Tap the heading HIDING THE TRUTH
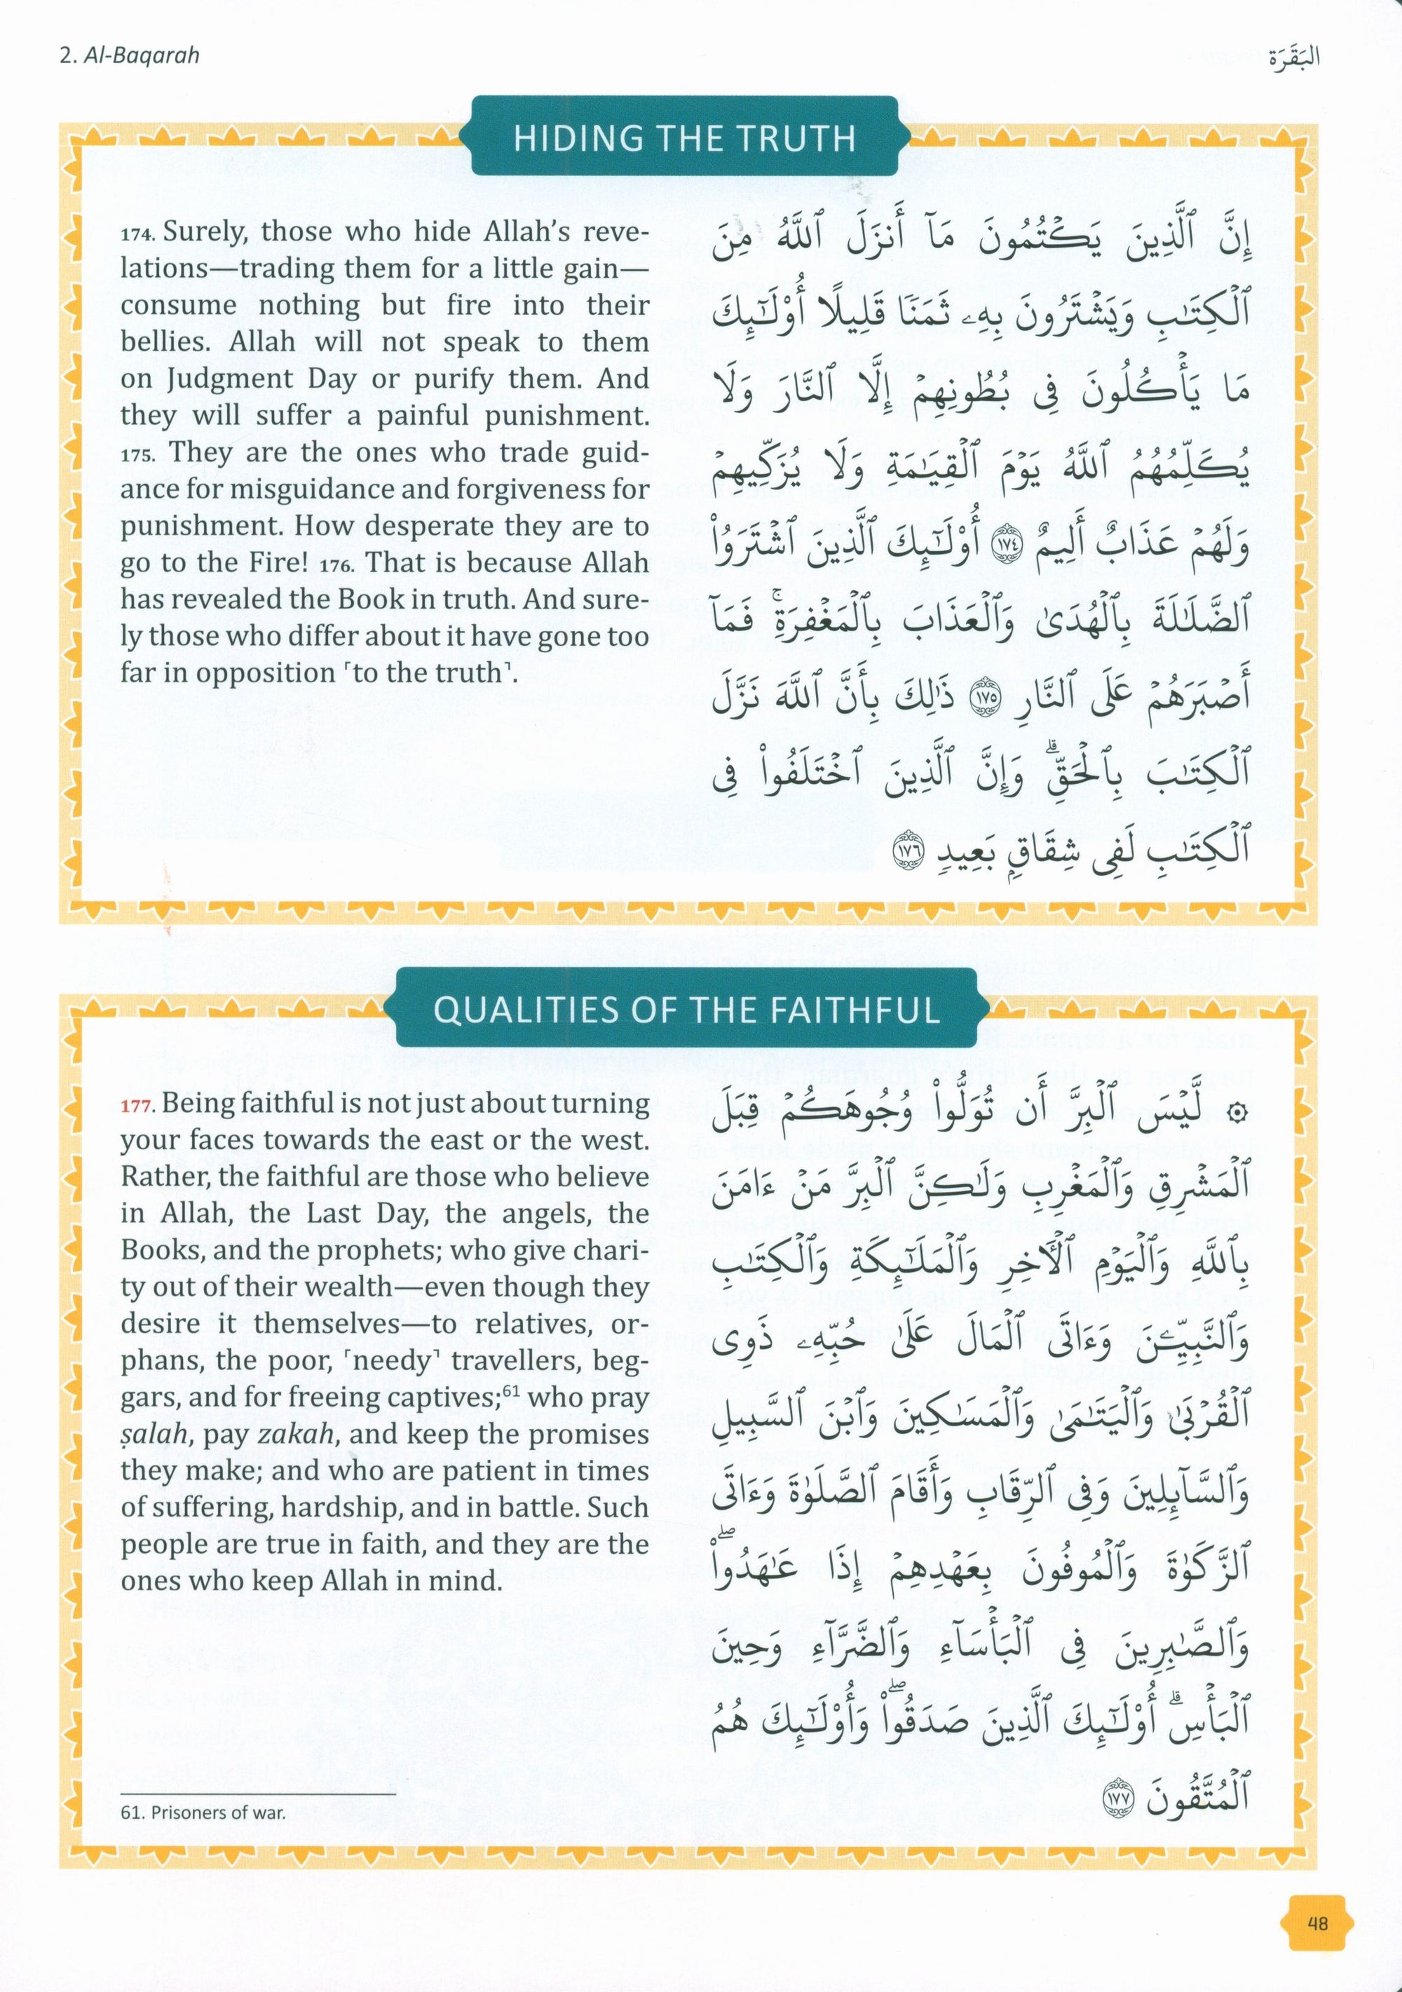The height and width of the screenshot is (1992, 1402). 684,139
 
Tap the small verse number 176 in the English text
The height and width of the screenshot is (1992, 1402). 336,566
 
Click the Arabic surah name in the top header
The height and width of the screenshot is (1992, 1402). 1293,58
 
